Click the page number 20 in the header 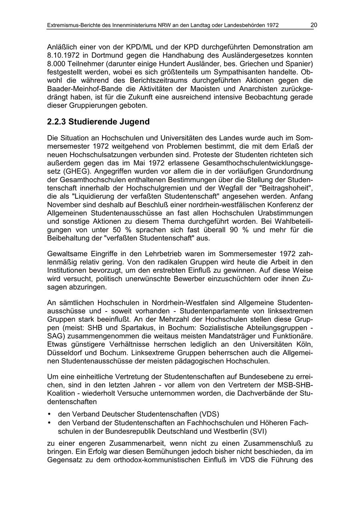tap(314, 25)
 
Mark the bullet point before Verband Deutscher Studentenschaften tap(49, 414)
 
